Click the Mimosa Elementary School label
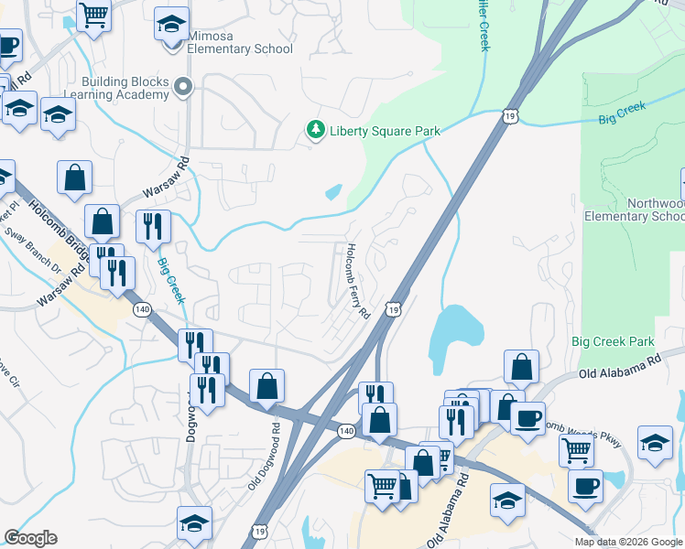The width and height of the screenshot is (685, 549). tap(241, 43)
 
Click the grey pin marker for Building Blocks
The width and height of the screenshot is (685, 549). tap(183, 88)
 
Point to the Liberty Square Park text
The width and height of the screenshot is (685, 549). tap(385, 131)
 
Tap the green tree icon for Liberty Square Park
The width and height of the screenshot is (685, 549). tap(316, 130)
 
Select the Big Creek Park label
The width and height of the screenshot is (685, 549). tap(613, 341)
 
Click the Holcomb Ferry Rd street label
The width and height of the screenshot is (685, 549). tap(357, 281)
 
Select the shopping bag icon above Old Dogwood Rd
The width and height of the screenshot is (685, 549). tap(266, 385)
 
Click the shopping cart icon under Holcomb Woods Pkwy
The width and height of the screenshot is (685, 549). tap(576, 449)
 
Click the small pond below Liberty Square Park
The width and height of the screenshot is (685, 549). tap(333, 192)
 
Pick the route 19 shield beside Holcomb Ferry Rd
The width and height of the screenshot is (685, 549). tap(392, 310)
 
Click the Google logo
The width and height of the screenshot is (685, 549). tap(30, 538)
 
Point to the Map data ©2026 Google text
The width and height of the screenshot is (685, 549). tap(628, 542)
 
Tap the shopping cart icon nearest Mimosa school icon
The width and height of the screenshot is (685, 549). tap(93, 15)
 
